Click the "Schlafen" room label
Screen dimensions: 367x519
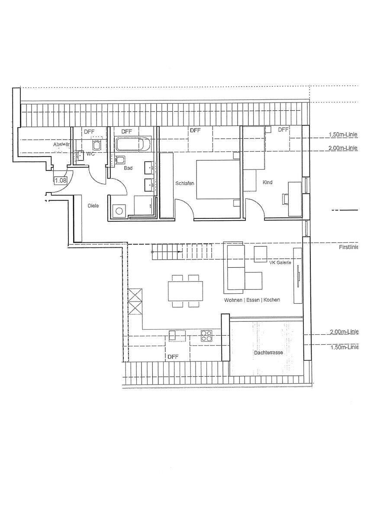[185, 183]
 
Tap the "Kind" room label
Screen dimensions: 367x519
[267, 183]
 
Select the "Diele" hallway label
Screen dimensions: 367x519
[93, 206]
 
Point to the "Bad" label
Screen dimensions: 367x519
[128, 168]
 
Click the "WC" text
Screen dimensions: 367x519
[91, 154]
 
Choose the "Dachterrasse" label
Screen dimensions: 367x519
[268, 352]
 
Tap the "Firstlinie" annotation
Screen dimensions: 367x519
[349, 248]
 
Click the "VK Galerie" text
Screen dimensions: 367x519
[280, 263]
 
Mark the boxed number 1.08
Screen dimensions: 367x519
[61, 181]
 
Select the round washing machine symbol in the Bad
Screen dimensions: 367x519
[118, 211]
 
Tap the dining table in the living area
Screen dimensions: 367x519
[186, 291]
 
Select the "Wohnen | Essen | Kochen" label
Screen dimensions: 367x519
[252, 300]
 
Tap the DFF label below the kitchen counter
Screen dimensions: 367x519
[173, 357]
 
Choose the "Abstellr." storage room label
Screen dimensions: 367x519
[62, 145]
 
